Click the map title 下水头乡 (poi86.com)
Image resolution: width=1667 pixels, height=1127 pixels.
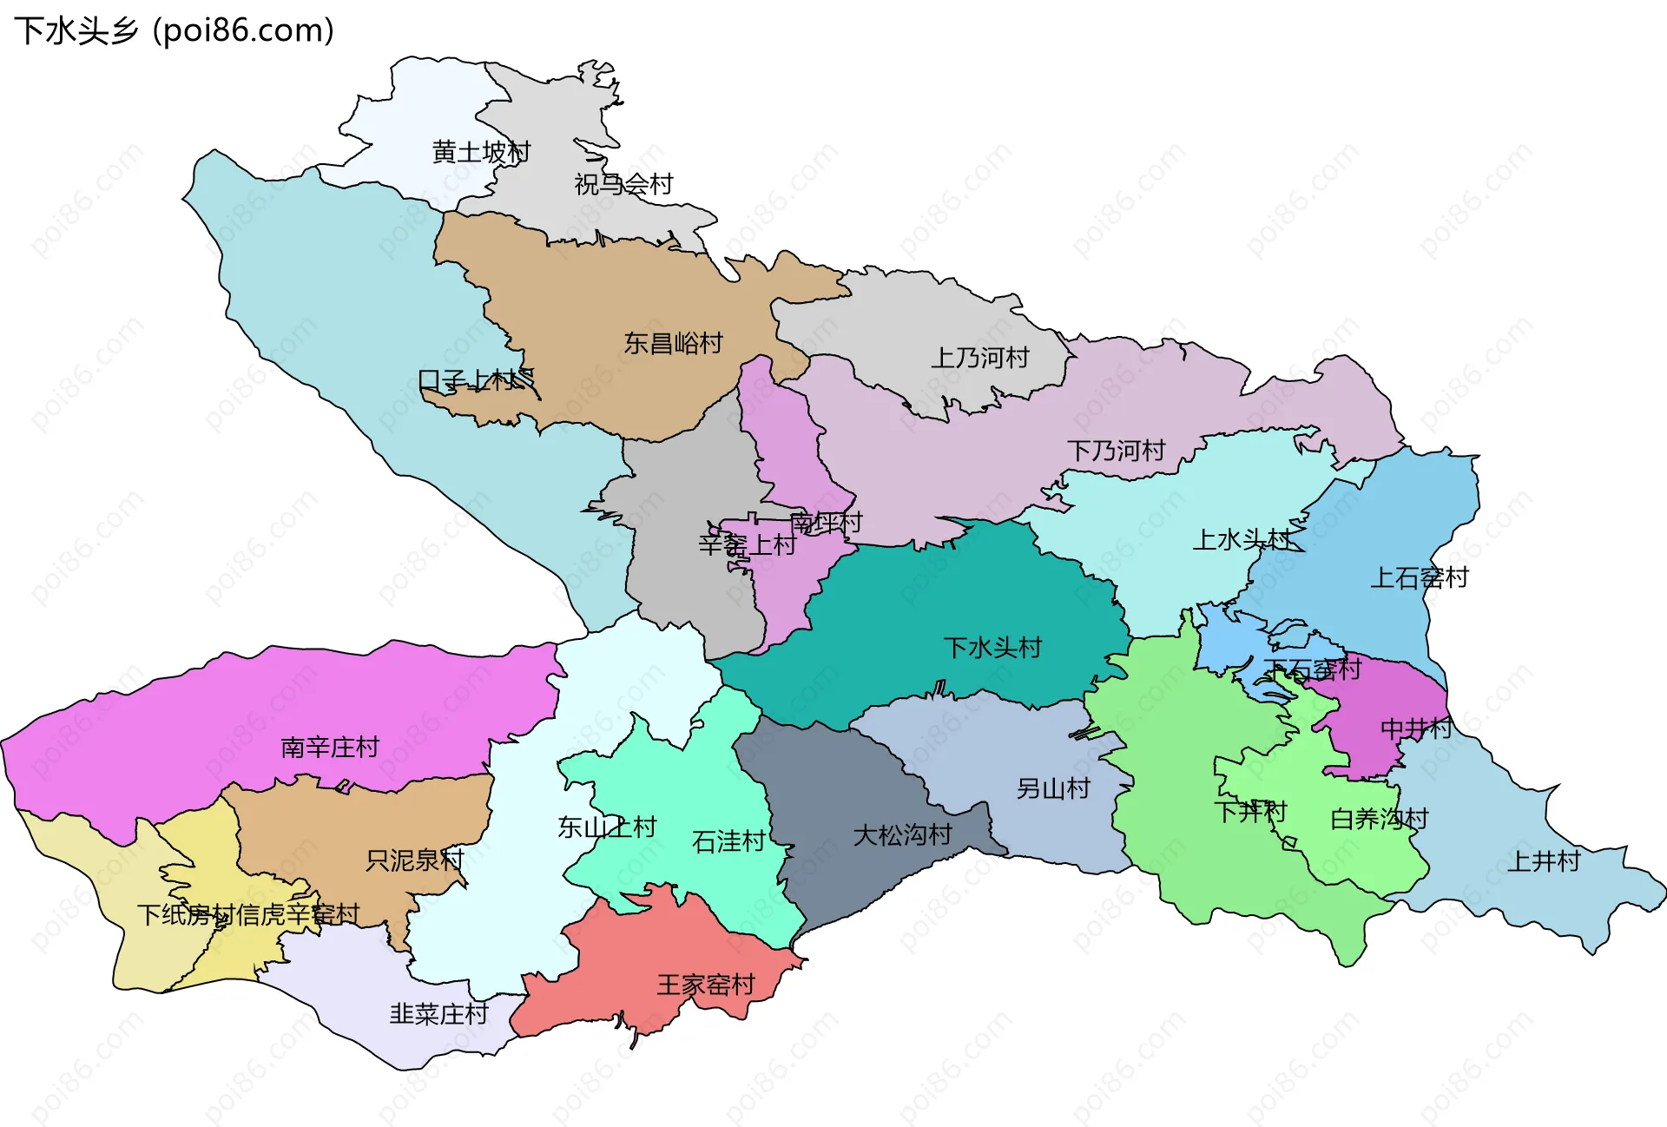174,31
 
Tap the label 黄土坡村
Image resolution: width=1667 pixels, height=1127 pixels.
481,153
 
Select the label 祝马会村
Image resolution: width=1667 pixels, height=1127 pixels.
623,184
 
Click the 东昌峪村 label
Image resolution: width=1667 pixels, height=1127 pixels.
673,344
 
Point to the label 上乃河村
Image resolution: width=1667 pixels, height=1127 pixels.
979,358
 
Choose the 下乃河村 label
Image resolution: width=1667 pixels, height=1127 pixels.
1116,451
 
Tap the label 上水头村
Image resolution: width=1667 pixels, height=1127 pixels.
1242,540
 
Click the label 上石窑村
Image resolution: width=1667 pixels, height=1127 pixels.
1419,577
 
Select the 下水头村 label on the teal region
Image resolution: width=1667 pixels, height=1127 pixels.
992,648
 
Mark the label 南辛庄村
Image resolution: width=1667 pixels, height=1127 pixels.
330,748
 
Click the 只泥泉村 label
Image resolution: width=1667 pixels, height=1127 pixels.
415,860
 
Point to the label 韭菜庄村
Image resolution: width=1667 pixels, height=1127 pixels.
438,1013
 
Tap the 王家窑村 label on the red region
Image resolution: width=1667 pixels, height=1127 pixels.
706,985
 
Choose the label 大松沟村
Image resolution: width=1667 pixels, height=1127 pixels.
902,835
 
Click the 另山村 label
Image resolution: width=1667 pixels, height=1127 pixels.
1053,788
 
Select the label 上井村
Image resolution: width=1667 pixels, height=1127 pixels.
1543,861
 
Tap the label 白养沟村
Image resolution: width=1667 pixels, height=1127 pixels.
1379,819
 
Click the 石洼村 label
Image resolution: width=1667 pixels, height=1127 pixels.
728,841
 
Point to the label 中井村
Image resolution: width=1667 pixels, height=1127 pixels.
1415,728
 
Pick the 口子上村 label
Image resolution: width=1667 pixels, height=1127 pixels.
467,380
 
